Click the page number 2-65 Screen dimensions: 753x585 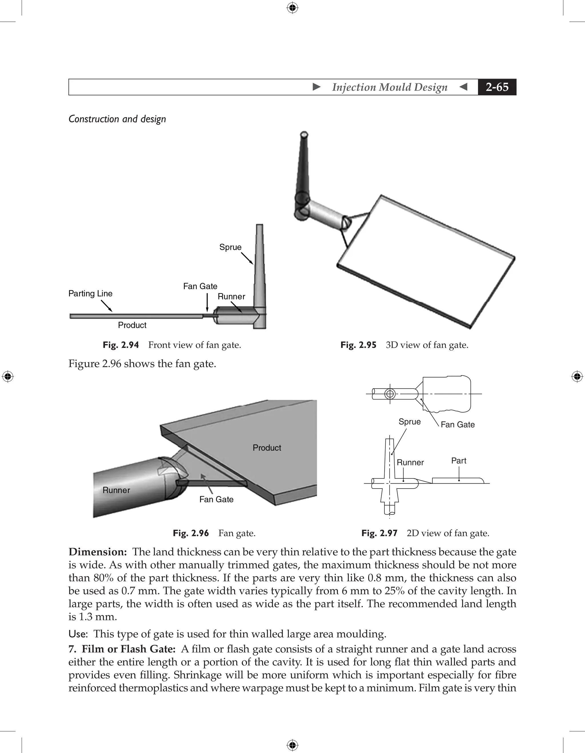tap(497, 87)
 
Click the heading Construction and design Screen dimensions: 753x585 tap(117, 119)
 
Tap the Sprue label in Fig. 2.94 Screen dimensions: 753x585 tap(230, 247)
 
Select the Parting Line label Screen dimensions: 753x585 tap(90, 293)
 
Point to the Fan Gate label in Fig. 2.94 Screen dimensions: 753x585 tap(200, 286)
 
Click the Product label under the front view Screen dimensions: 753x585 tap(132, 325)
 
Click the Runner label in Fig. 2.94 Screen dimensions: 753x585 tap(231, 297)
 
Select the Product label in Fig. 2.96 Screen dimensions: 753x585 tap(267, 448)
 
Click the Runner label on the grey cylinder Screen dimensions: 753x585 tap(116, 490)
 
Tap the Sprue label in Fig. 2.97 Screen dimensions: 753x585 tap(410, 422)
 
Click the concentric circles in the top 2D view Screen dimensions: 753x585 tap(390, 394)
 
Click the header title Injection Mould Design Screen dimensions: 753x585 tap(390, 87)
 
